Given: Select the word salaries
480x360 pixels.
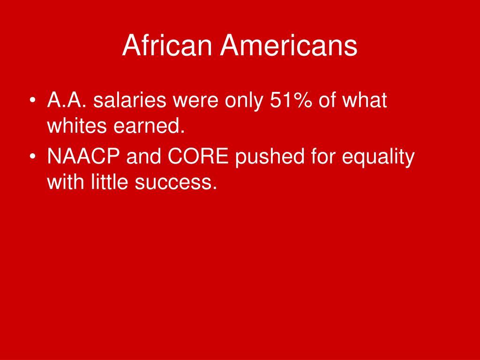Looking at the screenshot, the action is click(x=130, y=100).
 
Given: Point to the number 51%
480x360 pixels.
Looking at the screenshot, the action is click(x=291, y=100).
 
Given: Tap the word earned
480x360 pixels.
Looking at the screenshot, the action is click(x=149, y=125).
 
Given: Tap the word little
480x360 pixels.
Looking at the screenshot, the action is click(x=109, y=181).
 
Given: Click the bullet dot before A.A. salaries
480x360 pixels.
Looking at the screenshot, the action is click(x=32, y=100).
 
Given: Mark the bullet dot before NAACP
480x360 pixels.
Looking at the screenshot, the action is click(x=32, y=156).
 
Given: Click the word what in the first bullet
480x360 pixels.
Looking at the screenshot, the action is click(x=364, y=100).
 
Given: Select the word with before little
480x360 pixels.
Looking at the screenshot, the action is click(x=66, y=181).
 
